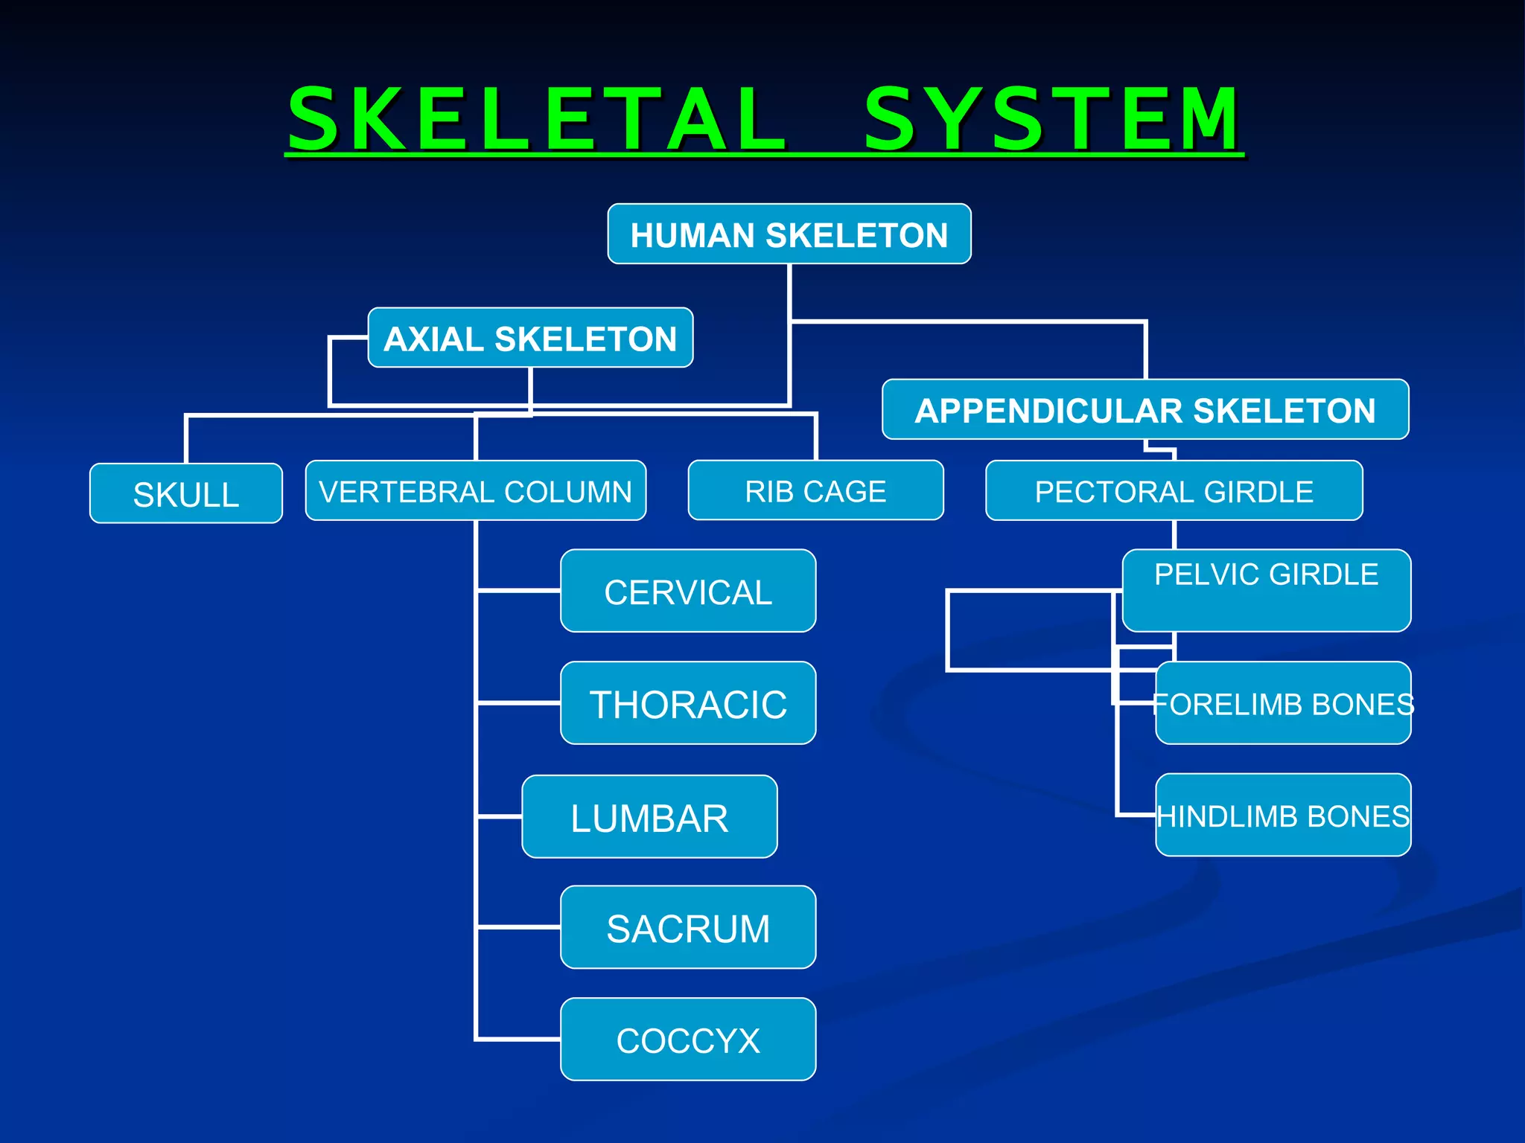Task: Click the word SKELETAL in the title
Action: pos(536,119)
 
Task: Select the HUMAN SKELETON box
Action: pos(789,234)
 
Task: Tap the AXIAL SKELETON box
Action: pos(530,338)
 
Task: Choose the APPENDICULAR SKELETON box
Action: pos(1145,410)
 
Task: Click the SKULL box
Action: pos(186,494)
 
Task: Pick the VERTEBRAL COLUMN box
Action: pos(475,491)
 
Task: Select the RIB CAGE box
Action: pos(815,491)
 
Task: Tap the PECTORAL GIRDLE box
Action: pos(1174,491)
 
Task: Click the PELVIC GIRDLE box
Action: pos(1266,590)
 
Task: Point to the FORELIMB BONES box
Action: pos(1283,703)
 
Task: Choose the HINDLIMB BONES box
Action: pos(1283,816)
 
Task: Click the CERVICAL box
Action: pos(688,592)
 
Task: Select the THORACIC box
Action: pos(688,703)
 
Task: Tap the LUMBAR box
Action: pos(649,817)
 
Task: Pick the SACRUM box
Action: pos(688,928)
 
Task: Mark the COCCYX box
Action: pos(688,1040)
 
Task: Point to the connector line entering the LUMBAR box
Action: pos(500,816)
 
